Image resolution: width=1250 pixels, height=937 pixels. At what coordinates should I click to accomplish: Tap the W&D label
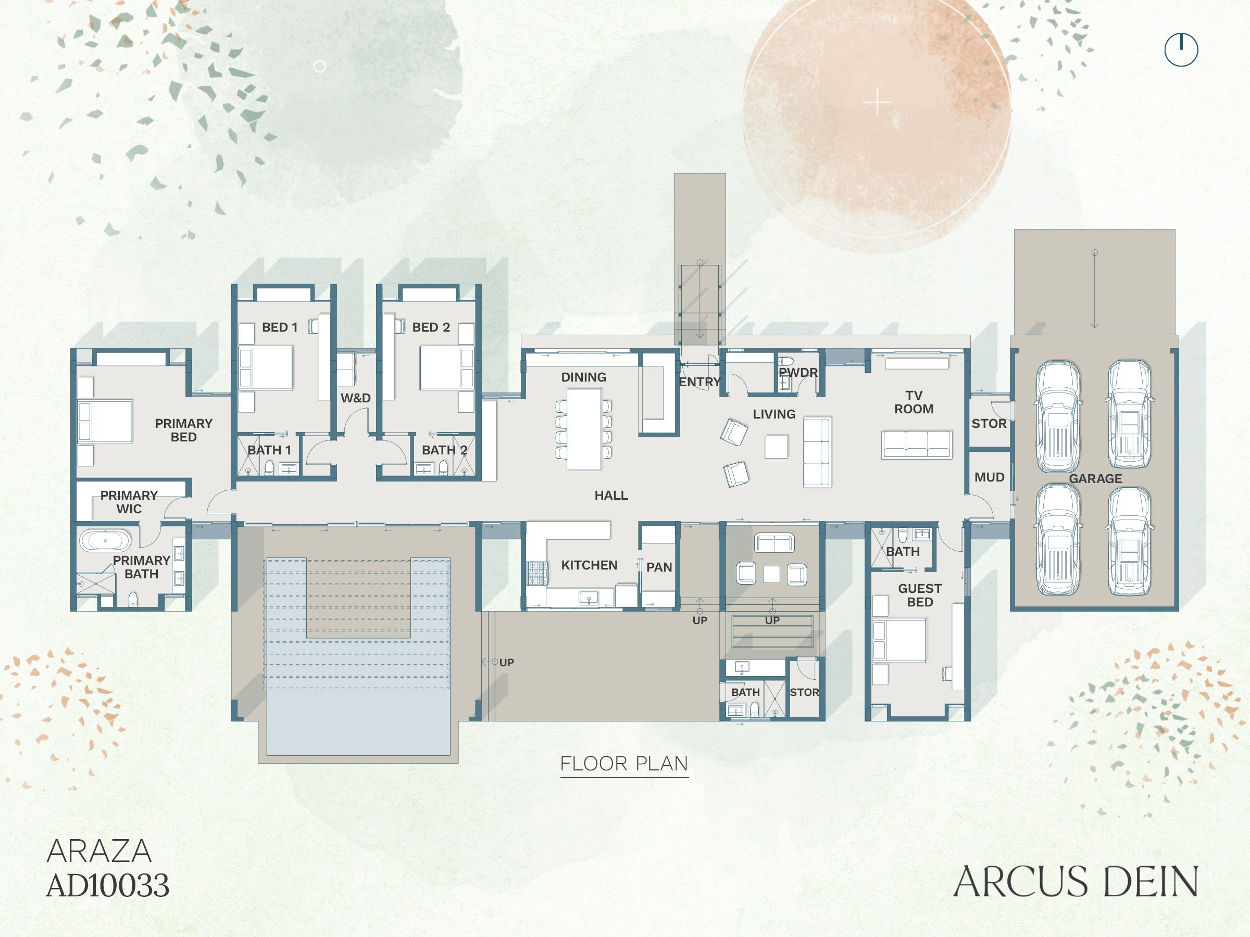coord(355,398)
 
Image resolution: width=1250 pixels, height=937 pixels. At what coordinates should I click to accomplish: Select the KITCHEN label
coord(589,565)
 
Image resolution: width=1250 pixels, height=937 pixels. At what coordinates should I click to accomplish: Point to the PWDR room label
coord(798,373)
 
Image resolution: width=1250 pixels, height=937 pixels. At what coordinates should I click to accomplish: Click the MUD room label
coord(990,477)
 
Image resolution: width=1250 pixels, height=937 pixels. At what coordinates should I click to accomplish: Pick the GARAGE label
coord(1095,479)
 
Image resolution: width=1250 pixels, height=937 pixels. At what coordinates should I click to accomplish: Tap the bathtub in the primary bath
coord(105,540)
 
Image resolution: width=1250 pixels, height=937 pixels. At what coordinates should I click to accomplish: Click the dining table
coord(584,429)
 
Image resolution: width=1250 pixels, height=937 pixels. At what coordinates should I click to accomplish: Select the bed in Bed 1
coord(266,368)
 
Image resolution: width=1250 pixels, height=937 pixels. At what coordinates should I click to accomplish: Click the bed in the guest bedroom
coord(899,640)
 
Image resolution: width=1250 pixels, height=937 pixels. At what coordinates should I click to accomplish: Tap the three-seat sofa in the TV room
coord(917,445)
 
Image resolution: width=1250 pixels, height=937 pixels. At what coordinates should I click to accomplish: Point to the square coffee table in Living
coord(777,447)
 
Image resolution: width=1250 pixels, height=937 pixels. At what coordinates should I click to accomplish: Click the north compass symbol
coord(1181,49)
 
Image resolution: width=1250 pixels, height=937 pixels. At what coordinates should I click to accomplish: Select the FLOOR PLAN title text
coord(624,764)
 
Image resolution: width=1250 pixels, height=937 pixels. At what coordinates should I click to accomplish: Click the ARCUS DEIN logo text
coord(1076,882)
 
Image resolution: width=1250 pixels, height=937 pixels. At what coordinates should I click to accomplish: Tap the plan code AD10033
coord(107,885)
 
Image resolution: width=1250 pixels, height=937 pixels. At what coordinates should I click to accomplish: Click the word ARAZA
coord(99,851)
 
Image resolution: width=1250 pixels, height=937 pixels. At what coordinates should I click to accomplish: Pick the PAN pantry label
coord(659,567)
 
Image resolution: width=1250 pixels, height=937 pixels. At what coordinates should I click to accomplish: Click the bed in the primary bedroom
coord(105,421)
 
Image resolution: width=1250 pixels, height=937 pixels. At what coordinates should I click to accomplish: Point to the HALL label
coord(611,496)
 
